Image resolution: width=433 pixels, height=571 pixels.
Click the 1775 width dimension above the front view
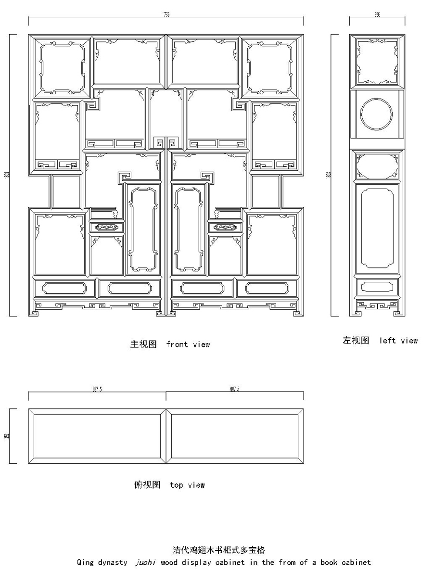coord(166,15)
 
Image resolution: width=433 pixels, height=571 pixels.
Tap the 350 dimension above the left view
coord(377,15)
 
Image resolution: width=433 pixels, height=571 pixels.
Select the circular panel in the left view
coord(377,114)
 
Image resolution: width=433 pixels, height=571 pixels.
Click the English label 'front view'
coord(188,344)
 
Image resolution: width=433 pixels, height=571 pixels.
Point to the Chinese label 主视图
coord(143,344)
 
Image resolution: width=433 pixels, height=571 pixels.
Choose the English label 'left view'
coord(398,341)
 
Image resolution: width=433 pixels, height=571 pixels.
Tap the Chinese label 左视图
coord(356,341)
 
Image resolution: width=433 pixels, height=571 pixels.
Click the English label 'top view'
coord(187,485)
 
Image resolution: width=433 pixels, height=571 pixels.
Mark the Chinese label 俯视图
coord(147,485)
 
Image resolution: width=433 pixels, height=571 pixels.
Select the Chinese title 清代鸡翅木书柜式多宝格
coord(219,550)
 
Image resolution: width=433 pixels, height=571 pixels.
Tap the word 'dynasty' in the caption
coord(112,562)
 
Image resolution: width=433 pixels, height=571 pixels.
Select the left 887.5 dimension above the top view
coord(97,390)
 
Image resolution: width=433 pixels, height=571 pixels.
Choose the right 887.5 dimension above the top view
coord(235,390)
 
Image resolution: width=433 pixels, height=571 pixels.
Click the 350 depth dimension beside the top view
coord(7,436)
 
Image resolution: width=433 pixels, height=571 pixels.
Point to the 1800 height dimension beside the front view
coord(7,175)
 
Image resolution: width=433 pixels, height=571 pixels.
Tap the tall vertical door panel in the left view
coord(377,228)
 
